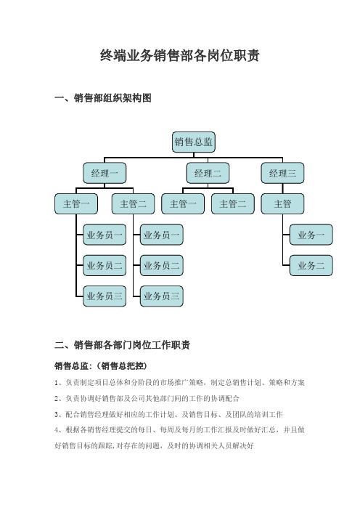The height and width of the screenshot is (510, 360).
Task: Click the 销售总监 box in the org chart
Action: (194, 142)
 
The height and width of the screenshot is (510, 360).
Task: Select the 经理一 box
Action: (105, 173)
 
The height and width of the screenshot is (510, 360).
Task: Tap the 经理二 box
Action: (208, 173)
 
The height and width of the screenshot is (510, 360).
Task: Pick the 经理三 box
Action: (282, 173)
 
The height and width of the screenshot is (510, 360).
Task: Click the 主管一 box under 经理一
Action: (76, 204)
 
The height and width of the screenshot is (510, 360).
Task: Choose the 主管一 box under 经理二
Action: (183, 204)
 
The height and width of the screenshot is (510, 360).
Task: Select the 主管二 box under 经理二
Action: (233, 204)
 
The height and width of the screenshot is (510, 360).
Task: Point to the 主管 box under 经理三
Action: (282, 204)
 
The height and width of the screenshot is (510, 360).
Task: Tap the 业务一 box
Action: (311, 235)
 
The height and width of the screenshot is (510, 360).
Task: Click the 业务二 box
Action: (311, 265)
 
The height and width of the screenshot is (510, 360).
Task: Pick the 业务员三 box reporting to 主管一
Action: (105, 296)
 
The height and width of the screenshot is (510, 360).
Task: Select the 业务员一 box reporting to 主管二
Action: (162, 235)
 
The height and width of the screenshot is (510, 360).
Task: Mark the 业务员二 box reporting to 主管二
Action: (162, 265)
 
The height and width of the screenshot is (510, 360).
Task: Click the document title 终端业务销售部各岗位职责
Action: (180, 56)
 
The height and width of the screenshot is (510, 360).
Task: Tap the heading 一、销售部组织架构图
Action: (103, 98)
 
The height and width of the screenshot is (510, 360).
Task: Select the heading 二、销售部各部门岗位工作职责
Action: (122, 345)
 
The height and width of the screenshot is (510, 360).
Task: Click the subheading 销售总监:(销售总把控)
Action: (101, 366)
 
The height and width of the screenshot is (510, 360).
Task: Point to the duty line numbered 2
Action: (147, 398)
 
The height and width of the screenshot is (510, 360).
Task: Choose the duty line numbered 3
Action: (168, 414)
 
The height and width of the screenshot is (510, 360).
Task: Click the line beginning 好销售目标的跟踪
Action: (155, 445)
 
